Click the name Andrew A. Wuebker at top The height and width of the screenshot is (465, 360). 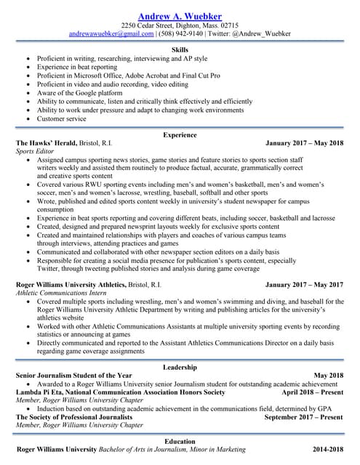(180, 16)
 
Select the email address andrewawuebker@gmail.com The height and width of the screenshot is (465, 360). (111, 33)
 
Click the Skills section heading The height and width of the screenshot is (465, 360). (180, 49)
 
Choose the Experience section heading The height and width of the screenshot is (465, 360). (180, 135)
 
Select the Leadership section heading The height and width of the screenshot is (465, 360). (180, 367)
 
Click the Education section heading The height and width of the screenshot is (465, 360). (180, 441)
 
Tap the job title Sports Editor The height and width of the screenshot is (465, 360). (36, 152)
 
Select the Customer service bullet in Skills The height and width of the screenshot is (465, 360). (61, 118)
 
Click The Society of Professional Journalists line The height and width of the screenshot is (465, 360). (79, 417)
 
